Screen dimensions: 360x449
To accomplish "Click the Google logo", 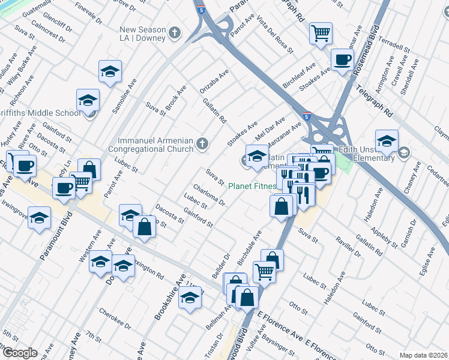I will [x=19, y=353].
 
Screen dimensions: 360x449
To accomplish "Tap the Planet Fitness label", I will [x=252, y=186].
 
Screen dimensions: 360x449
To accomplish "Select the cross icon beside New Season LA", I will [x=175, y=32].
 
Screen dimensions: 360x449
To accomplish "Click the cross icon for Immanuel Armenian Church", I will [x=203, y=143].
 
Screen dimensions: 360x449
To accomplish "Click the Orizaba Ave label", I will [x=214, y=82].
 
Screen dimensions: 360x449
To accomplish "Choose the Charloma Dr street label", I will [x=209, y=195].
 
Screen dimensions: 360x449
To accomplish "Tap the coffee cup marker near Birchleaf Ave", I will [x=342, y=60].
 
